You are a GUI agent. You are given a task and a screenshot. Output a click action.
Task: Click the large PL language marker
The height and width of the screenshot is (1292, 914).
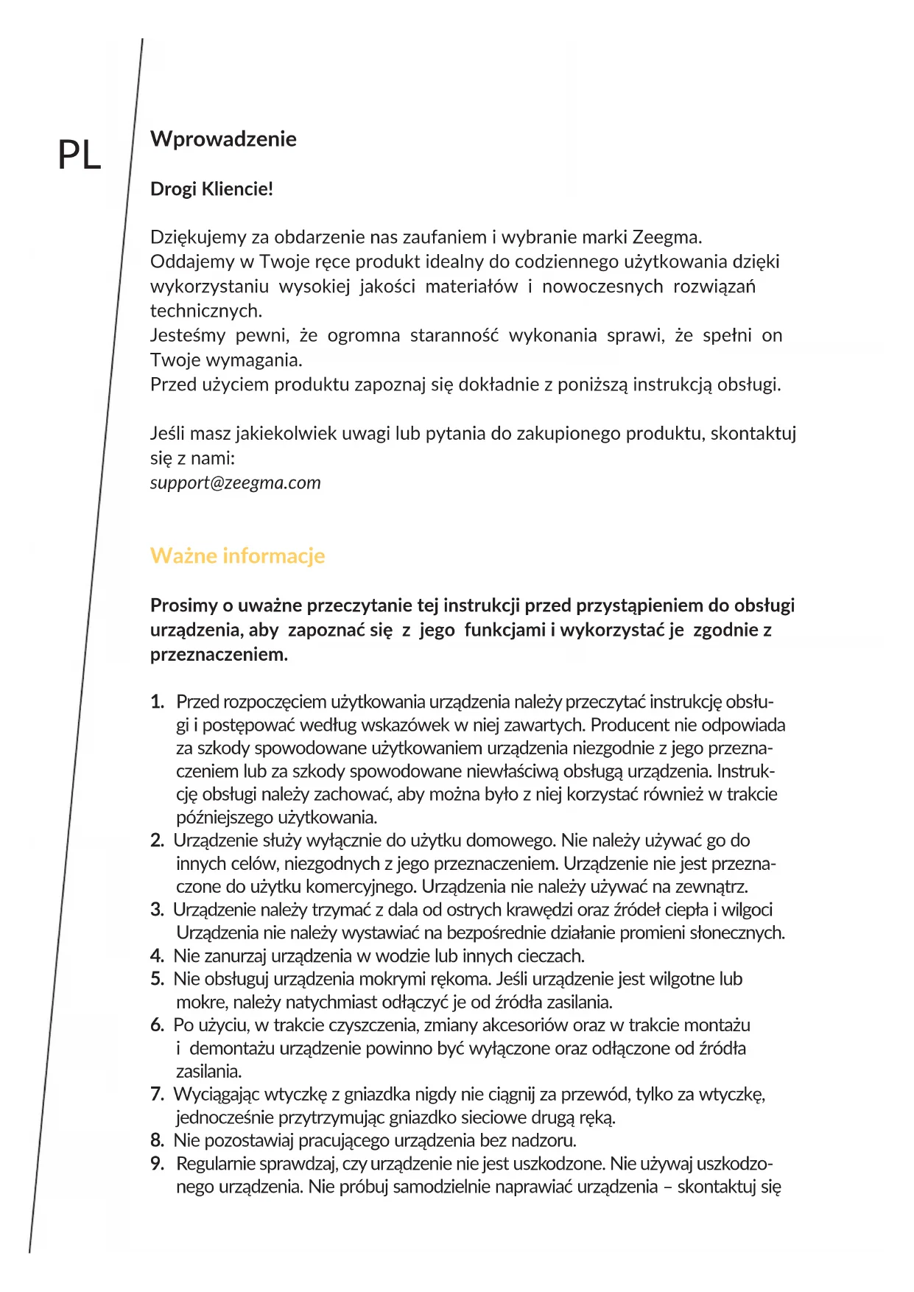coord(80,155)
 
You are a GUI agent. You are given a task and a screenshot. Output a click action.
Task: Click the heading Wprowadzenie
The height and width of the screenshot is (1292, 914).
coord(223,139)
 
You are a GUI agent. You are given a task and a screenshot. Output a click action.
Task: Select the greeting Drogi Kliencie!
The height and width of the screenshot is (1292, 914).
coord(211,189)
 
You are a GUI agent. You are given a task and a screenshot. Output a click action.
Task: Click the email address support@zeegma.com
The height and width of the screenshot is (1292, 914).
coord(235,482)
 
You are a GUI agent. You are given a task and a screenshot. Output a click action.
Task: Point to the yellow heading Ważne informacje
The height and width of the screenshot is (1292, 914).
coord(237,555)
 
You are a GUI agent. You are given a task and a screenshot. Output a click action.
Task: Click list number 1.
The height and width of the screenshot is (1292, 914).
coord(157,702)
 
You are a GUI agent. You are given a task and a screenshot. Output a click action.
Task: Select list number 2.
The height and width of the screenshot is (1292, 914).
coord(157,840)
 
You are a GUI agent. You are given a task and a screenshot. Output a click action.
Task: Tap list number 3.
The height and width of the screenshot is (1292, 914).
coord(157,910)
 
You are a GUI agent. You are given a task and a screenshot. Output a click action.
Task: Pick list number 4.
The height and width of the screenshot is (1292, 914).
coord(157,956)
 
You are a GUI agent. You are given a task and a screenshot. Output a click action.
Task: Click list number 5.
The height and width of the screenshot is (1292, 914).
coord(157,979)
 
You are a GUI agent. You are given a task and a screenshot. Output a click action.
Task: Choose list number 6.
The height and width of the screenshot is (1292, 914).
coord(157,1025)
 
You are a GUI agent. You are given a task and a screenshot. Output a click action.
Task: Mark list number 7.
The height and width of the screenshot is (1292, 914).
coord(157,1095)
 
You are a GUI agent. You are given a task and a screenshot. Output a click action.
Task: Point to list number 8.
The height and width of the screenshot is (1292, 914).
coord(157,1141)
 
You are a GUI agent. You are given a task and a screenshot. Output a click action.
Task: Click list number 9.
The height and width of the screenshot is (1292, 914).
coord(157,1164)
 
